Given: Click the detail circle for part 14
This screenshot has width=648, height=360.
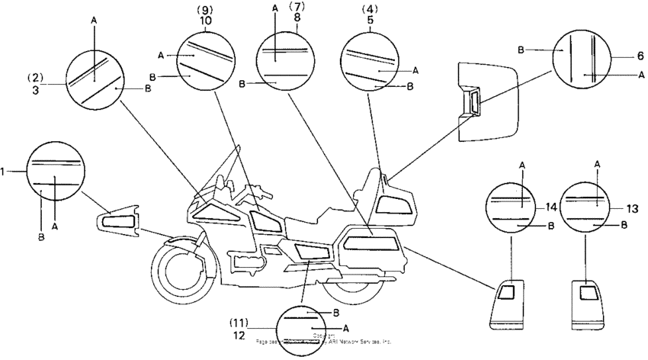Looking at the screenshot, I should pyautogui.click(x=515, y=205).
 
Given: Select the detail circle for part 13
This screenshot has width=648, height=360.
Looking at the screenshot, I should pyautogui.click(x=588, y=205).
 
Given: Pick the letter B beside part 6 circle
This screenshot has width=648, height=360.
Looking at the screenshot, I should pyautogui.click(x=521, y=49).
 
